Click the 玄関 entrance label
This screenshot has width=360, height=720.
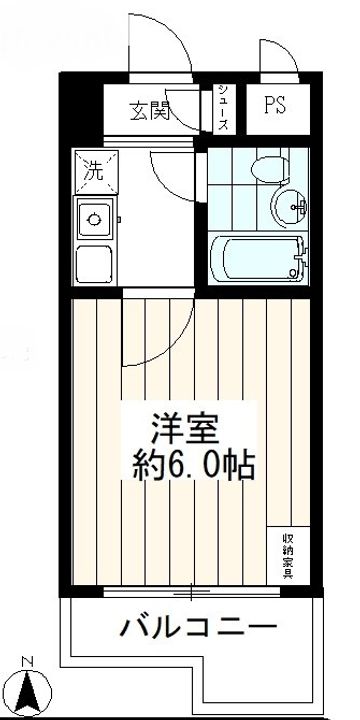tap(150, 111)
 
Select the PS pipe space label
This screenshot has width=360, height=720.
tap(275, 105)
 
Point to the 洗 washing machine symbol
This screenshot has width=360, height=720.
tap(96, 171)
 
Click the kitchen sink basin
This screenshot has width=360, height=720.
tap(94, 219)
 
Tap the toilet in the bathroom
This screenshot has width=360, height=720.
tap(270, 169)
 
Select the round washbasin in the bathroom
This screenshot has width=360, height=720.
tap(289, 208)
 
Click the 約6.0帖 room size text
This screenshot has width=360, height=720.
tap(193, 466)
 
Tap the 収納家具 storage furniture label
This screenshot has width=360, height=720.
tap(288, 556)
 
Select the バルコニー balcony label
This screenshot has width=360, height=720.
tap(198, 626)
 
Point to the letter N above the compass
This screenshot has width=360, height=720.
tap(28, 662)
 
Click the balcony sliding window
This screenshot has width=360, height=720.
tap(192, 592)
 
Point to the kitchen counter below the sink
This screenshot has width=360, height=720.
tap(94, 264)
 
